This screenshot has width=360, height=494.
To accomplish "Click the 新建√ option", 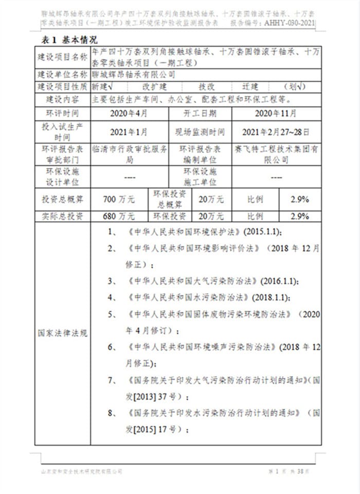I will (x=102, y=86).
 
